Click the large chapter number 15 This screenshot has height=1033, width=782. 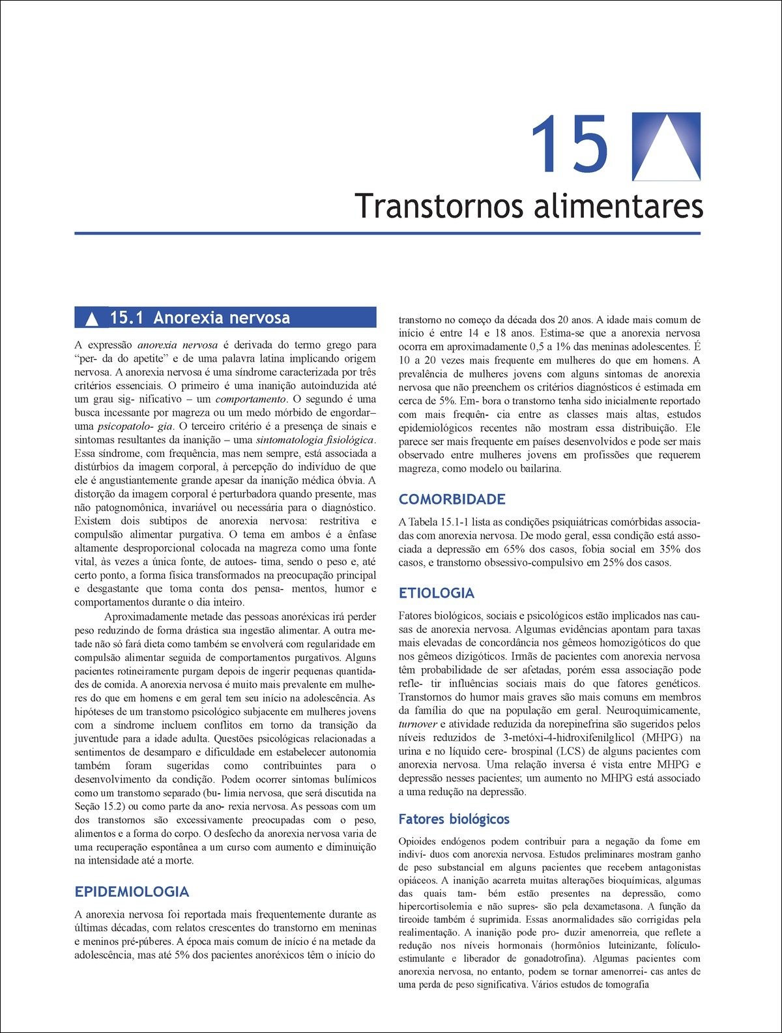coord(570,145)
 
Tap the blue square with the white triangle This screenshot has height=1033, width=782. coord(666,147)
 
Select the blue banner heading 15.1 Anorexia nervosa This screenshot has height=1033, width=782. coord(225,318)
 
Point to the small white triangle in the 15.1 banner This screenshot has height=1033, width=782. coord(92,319)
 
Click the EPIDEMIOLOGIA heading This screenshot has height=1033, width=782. coord(132,892)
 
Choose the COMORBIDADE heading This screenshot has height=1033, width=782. coord(452,499)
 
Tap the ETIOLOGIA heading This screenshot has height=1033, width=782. coord(436,593)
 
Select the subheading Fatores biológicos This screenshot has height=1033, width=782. coord(454,819)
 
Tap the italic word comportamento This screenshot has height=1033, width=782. coord(250,399)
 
